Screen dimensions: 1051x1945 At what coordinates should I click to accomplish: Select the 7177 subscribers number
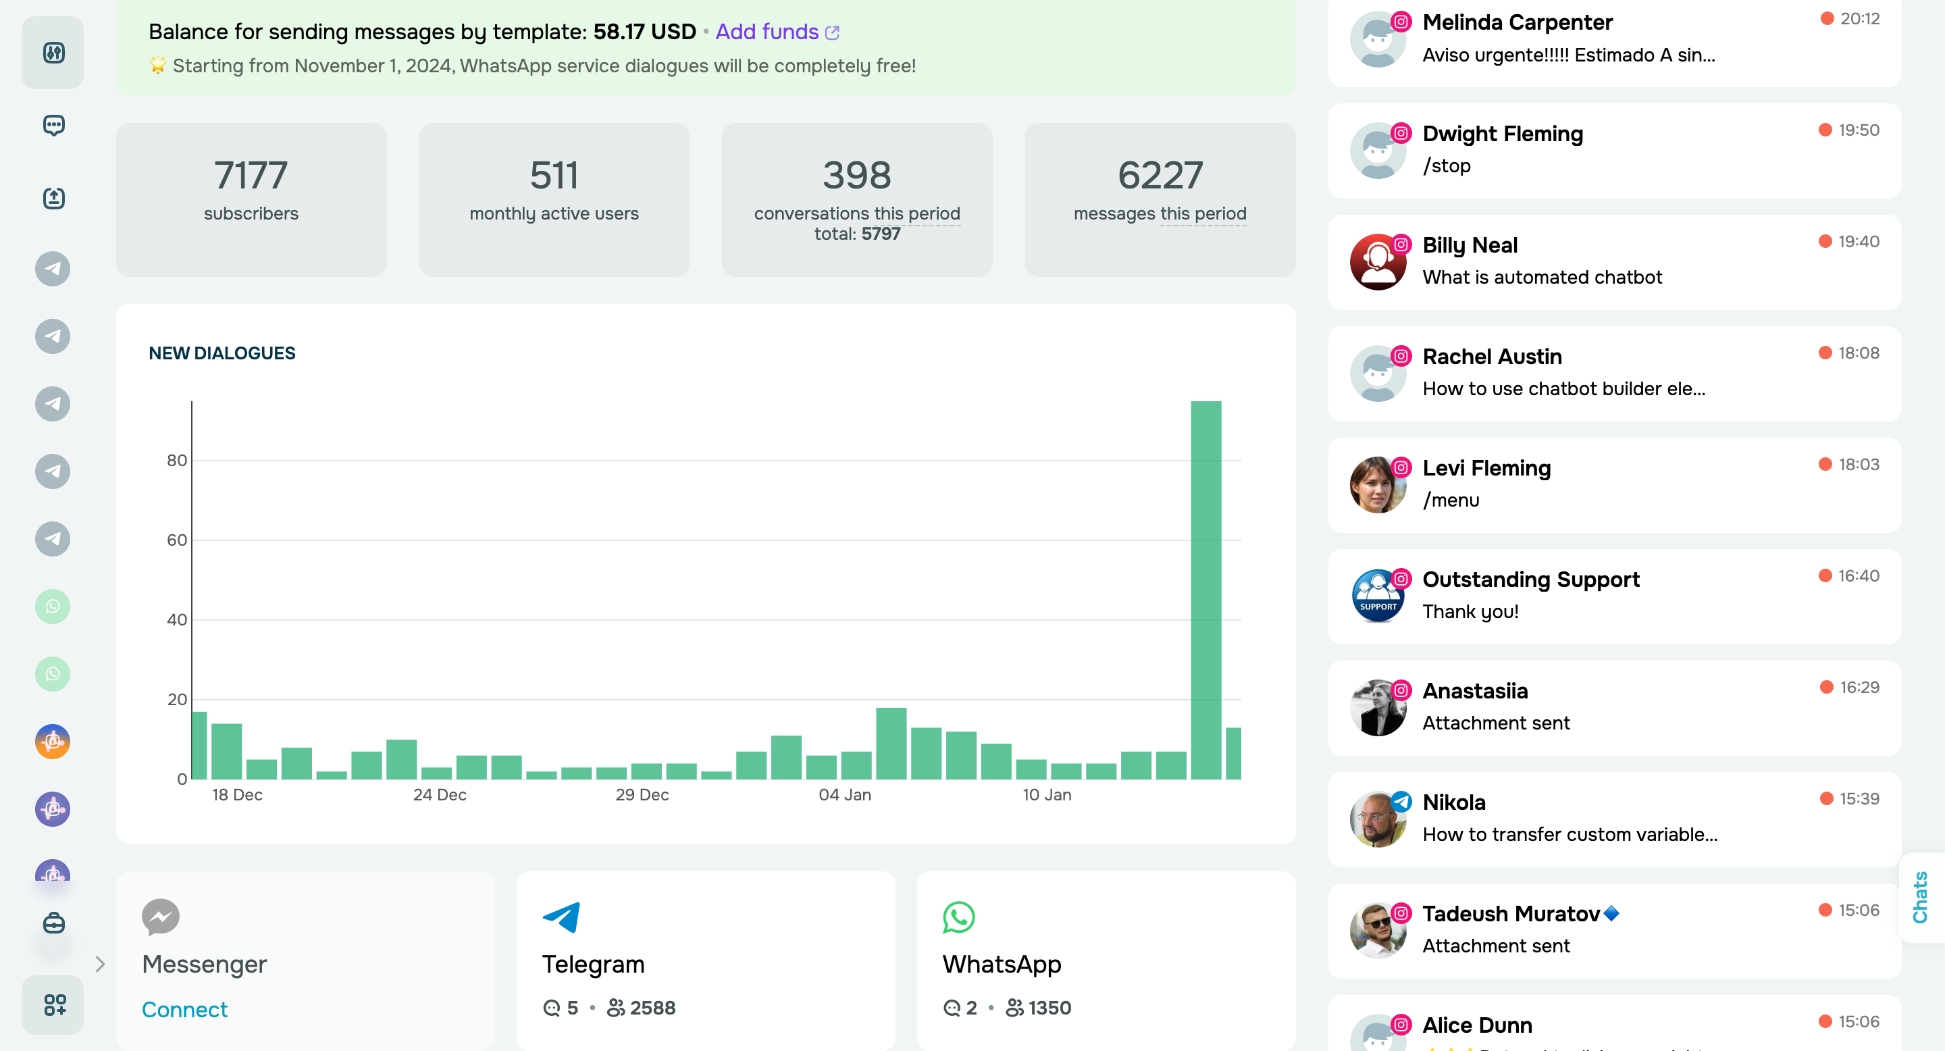[x=251, y=175]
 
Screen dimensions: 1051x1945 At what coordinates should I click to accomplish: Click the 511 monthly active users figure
[x=554, y=175]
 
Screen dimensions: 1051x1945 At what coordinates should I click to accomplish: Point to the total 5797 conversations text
[x=857, y=234]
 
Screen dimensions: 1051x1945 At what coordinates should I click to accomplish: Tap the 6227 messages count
[x=1160, y=175]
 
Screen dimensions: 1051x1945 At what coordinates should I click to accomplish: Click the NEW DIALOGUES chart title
[x=222, y=353]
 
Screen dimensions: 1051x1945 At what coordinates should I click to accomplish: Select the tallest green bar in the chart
[x=1205, y=589]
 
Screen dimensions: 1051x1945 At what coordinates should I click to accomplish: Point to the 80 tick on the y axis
[x=177, y=461]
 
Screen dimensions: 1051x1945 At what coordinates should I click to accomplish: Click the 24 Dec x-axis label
[x=440, y=795]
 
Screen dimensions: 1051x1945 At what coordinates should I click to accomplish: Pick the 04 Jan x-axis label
[x=844, y=795]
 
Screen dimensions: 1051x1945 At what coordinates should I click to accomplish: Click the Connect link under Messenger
[x=184, y=1010]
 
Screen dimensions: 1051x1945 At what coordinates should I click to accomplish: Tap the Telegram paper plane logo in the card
[x=561, y=917]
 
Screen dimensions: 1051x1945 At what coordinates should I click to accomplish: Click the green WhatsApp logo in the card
[x=958, y=917]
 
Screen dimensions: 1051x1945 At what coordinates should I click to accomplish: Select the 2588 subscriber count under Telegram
[x=652, y=1008]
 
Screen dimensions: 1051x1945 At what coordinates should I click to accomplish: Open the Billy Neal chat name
[x=1470, y=245]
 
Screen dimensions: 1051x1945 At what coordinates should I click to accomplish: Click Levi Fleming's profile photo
[x=1376, y=486]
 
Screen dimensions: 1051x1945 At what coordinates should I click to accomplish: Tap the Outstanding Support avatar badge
[x=1376, y=596]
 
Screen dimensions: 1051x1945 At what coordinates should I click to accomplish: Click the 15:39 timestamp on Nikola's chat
[x=1858, y=799]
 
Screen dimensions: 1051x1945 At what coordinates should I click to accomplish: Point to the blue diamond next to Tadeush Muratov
[x=1611, y=914]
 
